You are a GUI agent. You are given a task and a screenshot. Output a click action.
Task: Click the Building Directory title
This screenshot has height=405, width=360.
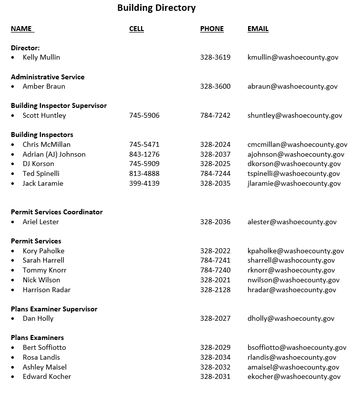point(156,8)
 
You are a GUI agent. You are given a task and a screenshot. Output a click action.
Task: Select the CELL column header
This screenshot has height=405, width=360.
point(137,29)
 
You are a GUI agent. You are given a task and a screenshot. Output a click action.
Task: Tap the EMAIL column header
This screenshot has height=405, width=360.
point(258,29)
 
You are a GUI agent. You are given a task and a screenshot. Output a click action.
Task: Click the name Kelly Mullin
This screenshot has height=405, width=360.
point(41,57)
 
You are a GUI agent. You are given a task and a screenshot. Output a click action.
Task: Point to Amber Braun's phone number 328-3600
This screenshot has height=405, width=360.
point(215,86)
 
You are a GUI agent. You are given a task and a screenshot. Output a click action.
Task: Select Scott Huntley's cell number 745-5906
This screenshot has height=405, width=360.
point(144,115)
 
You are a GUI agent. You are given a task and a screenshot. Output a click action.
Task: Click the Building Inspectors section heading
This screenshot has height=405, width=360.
point(42,135)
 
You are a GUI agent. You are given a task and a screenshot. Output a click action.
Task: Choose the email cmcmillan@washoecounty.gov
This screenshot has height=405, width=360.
point(297,144)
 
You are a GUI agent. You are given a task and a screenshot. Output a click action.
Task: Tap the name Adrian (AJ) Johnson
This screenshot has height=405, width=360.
point(54,154)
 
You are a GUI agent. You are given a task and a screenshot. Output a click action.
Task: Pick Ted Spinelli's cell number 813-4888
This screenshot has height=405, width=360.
point(144,173)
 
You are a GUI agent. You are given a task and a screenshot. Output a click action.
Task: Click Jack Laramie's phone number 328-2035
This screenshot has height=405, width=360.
point(215,183)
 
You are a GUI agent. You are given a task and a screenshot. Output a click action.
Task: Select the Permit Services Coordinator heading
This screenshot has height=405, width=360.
point(57,212)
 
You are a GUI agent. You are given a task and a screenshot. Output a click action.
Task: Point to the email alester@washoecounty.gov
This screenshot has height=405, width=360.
point(292,222)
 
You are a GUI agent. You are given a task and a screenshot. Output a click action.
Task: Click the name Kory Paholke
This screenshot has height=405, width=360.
point(43,251)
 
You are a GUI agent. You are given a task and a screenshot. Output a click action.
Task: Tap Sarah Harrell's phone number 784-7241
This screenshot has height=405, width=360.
point(215,260)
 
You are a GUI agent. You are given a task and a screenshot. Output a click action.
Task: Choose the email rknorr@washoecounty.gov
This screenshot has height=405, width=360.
point(291,270)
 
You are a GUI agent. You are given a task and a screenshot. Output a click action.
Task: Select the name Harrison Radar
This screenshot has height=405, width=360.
point(46,290)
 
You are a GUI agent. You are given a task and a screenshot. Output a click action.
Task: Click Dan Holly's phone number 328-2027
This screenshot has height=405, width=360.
point(215,318)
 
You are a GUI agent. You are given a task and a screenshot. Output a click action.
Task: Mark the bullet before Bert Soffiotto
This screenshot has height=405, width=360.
point(13,348)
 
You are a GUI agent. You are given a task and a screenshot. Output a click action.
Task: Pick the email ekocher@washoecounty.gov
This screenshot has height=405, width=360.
point(294,376)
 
